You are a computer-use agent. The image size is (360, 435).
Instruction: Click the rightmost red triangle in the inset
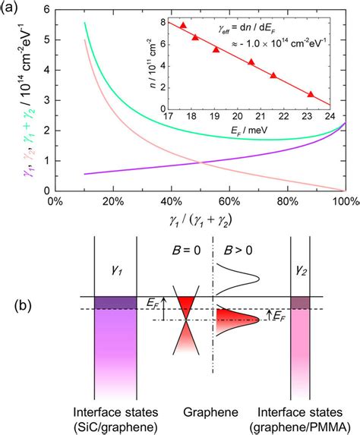pos(310,95)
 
